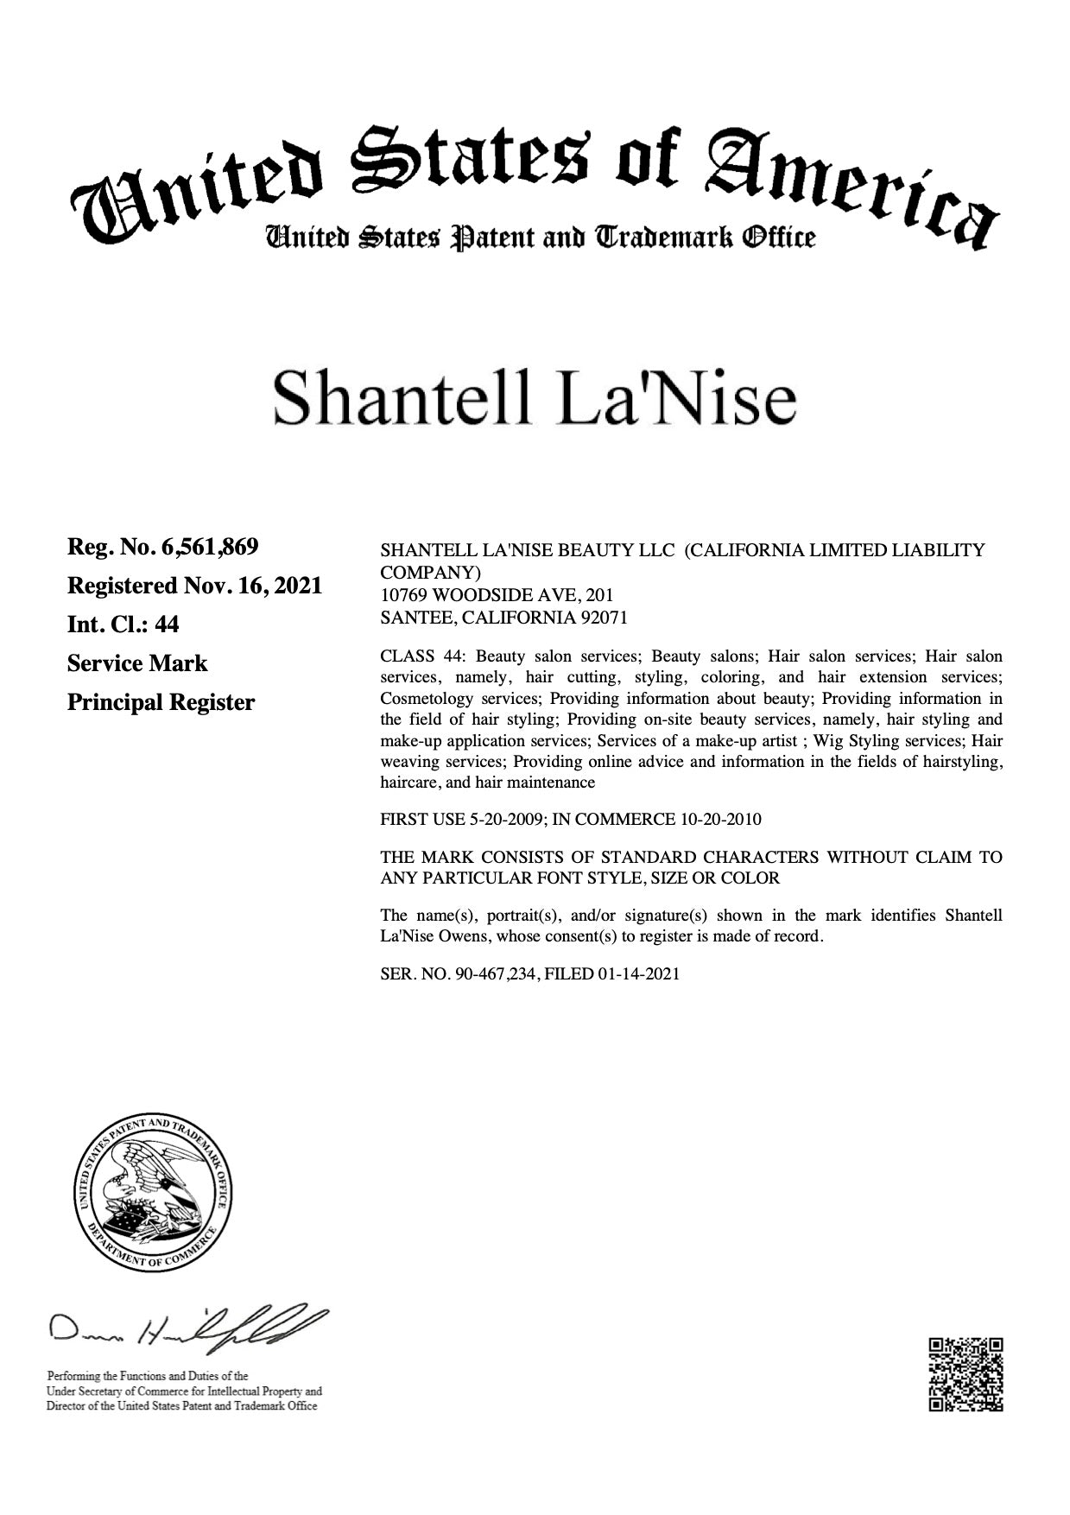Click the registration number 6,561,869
pyautogui.click(x=210, y=547)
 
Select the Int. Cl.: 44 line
pyautogui.click(x=123, y=624)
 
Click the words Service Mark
pyautogui.click(x=137, y=663)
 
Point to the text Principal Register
pyautogui.click(x=161, y=702)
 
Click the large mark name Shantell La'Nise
pyautogui.click(x=534, y=399)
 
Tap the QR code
pyautogui.click(x=966, y=1374)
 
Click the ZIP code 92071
pyautogui.click(x=603, y=618)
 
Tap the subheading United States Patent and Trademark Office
pyautogui.click(x=540, y=236)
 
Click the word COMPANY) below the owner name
pyautogui.click(x=430, y=572)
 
